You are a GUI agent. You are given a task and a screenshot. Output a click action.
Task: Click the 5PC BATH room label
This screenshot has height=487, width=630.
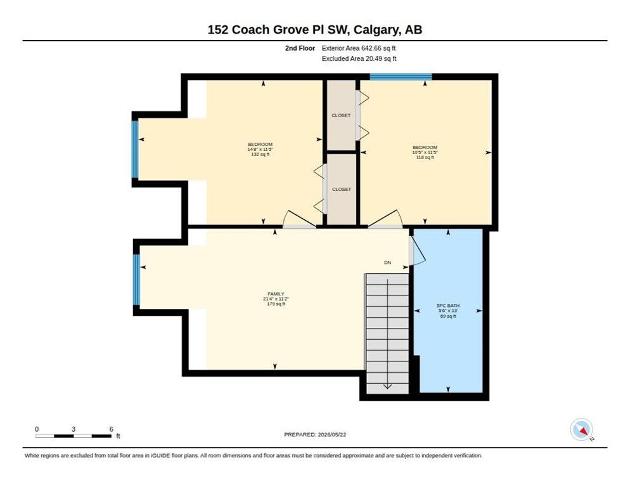coord(448,306)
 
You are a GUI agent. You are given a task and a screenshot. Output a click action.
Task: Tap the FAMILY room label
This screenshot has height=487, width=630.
coord(276,294)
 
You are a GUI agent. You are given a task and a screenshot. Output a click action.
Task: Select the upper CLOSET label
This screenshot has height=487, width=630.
coord(341,115)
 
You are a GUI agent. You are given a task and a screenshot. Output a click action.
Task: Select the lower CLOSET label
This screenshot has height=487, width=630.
coord(342,190)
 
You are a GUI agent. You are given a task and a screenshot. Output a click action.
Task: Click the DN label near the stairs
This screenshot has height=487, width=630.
coord(387,263)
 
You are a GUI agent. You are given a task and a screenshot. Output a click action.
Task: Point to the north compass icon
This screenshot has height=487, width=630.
coord(582,430)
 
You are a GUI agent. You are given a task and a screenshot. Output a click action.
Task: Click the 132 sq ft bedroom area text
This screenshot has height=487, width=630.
coord(260,155)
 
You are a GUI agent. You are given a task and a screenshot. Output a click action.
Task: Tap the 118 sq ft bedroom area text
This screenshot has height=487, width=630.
coord(425,158)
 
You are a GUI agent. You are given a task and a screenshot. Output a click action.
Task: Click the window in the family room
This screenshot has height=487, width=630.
coord(137,280)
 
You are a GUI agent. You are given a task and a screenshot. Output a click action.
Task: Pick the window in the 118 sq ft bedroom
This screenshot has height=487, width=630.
coord(401,77)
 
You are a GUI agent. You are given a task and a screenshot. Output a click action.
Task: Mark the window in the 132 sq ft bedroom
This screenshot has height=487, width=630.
coord(136,150)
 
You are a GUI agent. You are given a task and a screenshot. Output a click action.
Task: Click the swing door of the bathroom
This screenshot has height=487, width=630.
coord(417,251)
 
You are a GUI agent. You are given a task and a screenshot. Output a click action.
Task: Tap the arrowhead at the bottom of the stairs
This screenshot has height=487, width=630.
coord(387,386)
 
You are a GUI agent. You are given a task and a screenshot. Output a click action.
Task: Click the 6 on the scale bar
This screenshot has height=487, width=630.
coord(112,429)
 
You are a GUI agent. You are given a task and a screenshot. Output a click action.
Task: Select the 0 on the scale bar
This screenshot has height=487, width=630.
coord(37,429)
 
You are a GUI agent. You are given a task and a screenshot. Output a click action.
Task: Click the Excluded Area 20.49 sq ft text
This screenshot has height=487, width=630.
coord(359,59)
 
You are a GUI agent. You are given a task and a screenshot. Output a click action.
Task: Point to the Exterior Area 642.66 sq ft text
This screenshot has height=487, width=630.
coord(358,48)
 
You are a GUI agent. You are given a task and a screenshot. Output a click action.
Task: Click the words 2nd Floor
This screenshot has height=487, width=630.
coord(300,48)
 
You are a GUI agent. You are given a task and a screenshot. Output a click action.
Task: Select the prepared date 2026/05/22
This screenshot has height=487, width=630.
coord(332,435)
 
